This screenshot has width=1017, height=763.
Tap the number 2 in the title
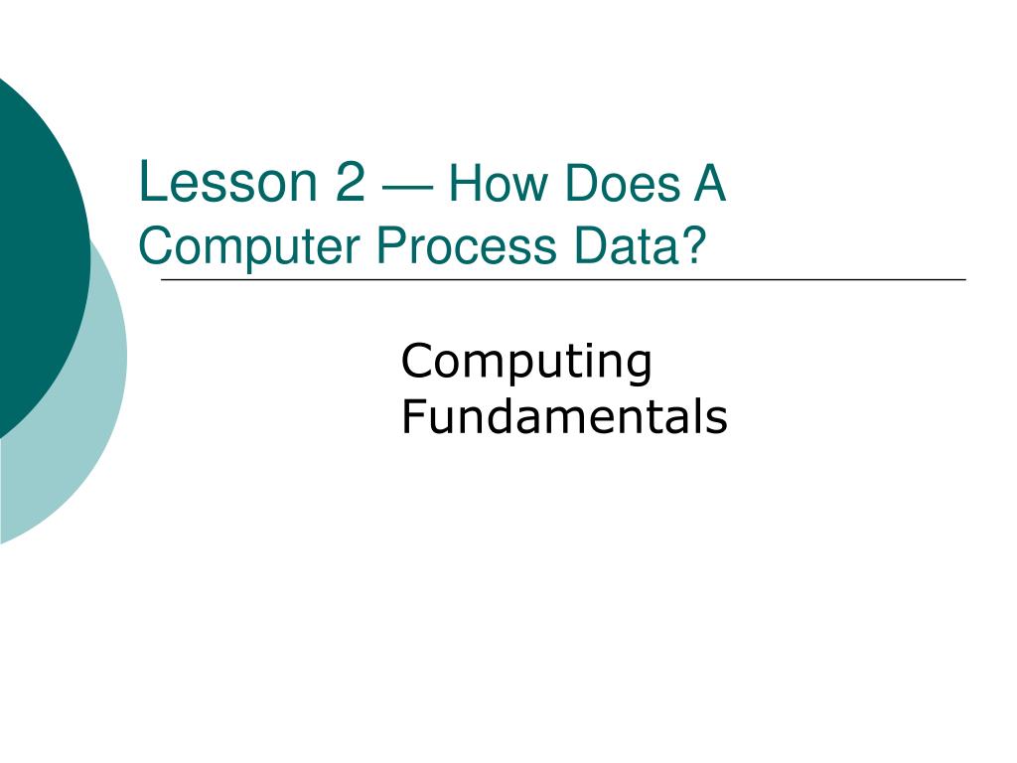(350, 184)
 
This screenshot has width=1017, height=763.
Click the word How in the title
(496, 186)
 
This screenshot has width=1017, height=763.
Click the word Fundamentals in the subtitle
(564, 418)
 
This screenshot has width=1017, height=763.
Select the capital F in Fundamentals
(411, 418)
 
